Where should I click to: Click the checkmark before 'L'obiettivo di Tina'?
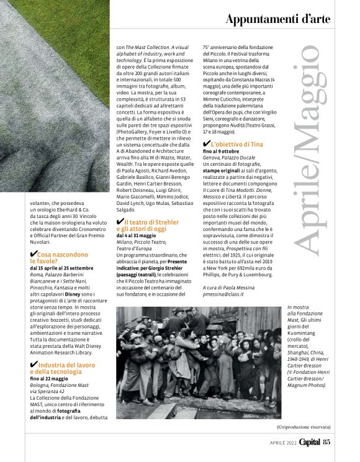207,144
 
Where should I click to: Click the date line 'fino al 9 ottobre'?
225,152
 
